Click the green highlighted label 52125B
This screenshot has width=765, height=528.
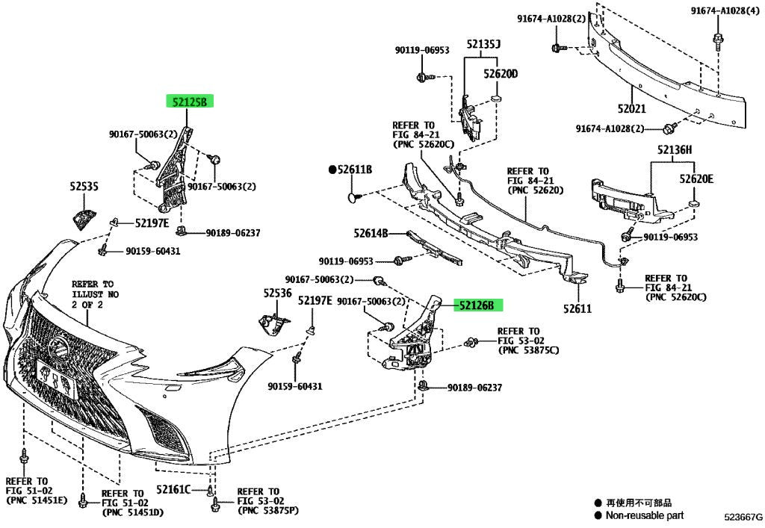coord(190,102)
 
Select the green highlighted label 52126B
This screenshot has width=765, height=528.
coord(478,305)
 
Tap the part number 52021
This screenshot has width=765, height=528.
coord(631,109)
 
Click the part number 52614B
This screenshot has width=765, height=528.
coord(371,234)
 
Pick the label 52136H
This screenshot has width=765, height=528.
coord(675,149)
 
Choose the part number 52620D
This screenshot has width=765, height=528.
coord(501,74)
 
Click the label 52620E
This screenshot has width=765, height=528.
coord(696,179)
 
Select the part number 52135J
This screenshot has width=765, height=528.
coord(483,44)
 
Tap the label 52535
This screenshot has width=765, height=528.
coord(84,186)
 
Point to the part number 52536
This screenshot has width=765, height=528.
coord(278,293)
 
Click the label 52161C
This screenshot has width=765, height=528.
coord(173,489)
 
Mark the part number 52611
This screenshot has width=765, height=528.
coord(577,308)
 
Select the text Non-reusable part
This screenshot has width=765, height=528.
coord(645,515)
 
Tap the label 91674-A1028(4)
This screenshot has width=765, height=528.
coord(725,10)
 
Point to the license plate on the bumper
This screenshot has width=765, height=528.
coord(57,379)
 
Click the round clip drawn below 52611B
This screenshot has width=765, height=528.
coord(354,197)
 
